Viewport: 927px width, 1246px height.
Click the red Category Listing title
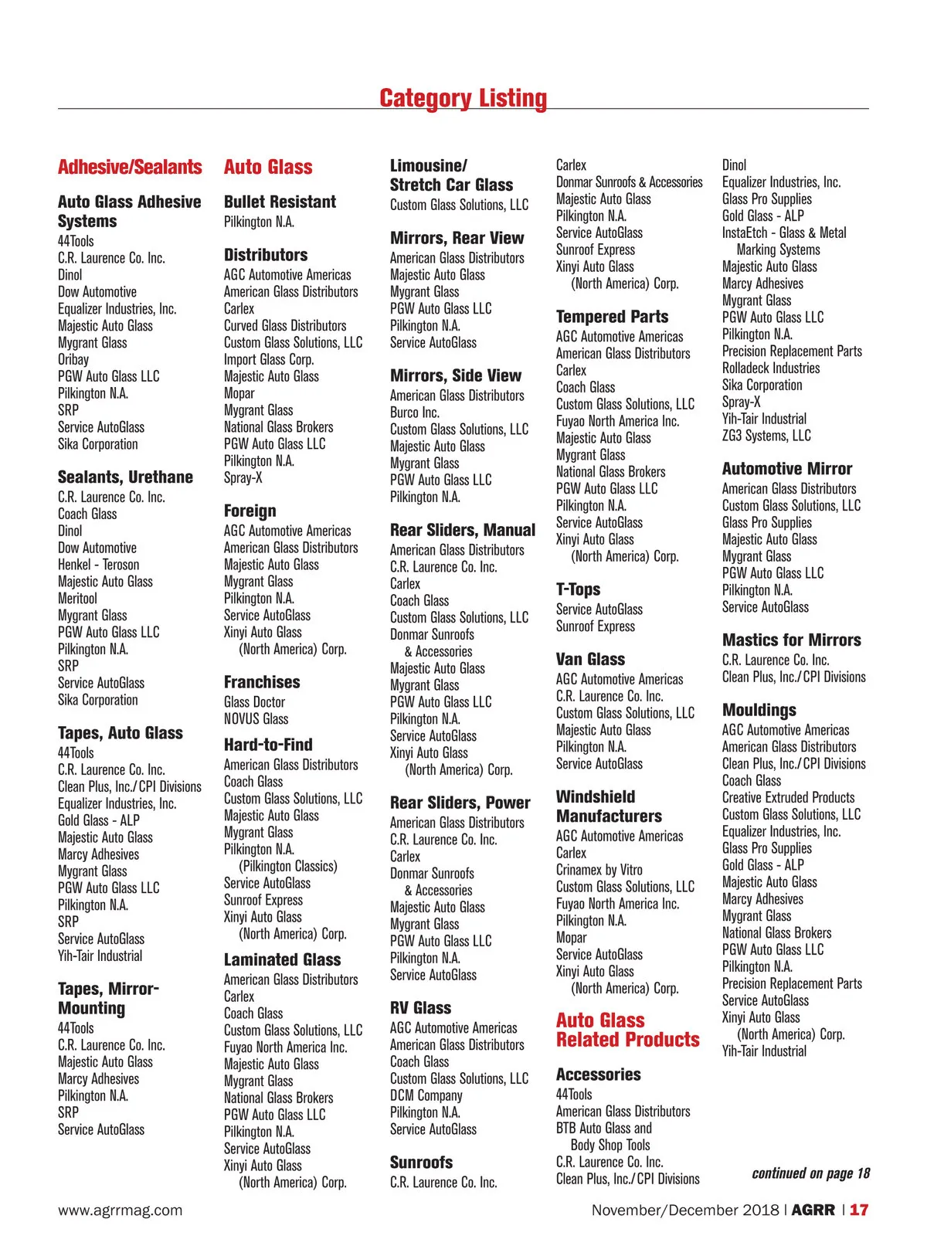pyautogui.click(x=463, y=99)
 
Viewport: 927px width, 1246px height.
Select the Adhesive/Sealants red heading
pyautogui.click(x=130, y=168)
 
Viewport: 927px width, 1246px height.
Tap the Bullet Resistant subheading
pyautogui.click(x=280, y=202)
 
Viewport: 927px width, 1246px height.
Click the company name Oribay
pyautogui.click(x=73, y=360)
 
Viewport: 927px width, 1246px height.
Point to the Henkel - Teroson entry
pyautogui.click(x=99, y=565)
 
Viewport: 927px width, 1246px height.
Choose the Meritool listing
pyautogui.click(x=78, y=599)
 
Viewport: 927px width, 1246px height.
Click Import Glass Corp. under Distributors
pyautogui.click(x=269, y=360)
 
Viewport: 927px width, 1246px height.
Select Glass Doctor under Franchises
pyautogui.click(x=254, y=702)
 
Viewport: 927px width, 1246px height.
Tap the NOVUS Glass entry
pyautogui.click(x=256, y=719)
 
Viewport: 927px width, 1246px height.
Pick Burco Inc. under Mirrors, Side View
pyautogui.click(x=415, y=413)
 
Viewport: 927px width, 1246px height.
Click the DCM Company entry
pyautogui.click(x=426, y=1096)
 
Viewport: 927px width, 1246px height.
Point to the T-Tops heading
pyautogui.click(x=578, y=589)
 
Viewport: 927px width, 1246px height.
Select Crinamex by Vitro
pyautogui.click(x=599, y=871)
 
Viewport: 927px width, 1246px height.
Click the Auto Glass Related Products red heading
pyautogui.click(x=627, y=1030)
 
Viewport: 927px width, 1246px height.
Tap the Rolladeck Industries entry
pyautogui.click(x=771, y=368)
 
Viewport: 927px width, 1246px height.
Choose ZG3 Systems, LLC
pyautogui.click(x=766, y=436)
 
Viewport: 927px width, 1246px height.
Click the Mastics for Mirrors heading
pyautogui.click(x=792, y=640)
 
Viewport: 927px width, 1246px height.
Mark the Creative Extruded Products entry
pyautogui.click(x=789, y=798)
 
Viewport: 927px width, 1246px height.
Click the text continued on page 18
pyautogui.click(x=810, y=1174)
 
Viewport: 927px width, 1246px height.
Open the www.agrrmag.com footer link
pyautogui.click(x=121, y=1210)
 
